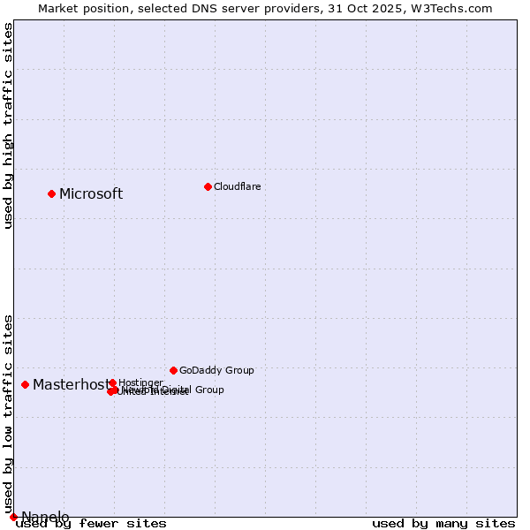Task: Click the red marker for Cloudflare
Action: [x=208, y=186]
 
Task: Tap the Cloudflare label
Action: [x=237, y=186]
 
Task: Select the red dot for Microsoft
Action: [x=51, y=193]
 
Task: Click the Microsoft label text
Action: [x=91, y=194]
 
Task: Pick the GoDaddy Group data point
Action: [x=173, y=370]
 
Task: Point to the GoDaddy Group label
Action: [x=216, y=370]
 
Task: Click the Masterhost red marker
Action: [x=25, y=384]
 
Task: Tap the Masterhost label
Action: [x=71, y=385]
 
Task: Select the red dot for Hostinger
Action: [x=112, y=382]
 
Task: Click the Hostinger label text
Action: [x=140, y=382]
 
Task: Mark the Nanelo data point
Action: [x=13, y=517]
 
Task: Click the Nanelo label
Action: [x=45, y=518]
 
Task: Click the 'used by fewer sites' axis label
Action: [x=92, y=524]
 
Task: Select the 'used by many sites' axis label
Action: [x=443, y=524]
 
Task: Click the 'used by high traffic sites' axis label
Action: [x=9, y=125]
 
